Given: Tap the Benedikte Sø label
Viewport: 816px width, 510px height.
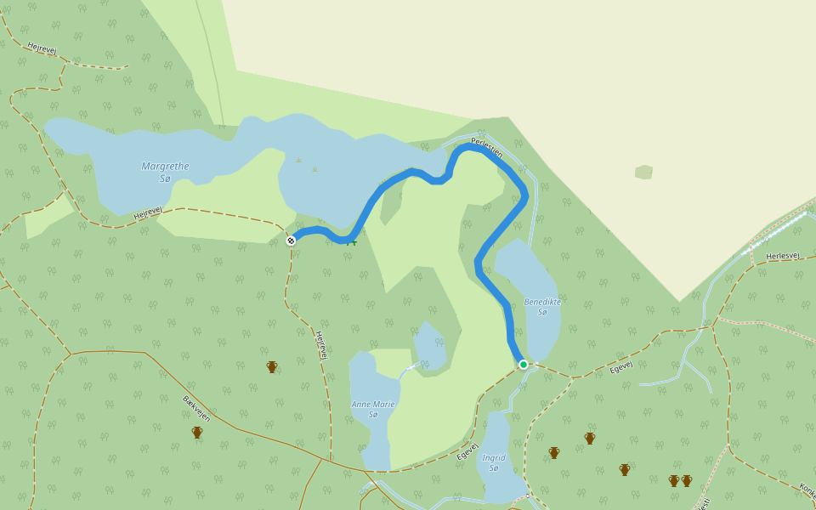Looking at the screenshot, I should click(x=542, y=307).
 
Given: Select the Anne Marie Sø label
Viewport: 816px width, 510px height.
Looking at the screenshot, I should click(x=373, y=409).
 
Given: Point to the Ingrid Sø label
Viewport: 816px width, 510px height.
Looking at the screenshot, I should click(x=494, y=462).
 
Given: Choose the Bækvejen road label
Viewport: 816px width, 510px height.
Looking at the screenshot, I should click(x=195, y=407).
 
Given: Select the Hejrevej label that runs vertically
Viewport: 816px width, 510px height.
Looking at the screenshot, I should click(x=322, y=345).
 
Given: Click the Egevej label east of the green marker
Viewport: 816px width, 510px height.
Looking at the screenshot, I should click(x=621, y=367).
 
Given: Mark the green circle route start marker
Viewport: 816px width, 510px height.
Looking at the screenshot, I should click(x=524, y=365).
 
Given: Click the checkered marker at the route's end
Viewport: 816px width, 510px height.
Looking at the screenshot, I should click(x=291, y=241).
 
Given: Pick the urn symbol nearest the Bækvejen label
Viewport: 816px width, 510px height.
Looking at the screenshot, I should click(x=197, y=433).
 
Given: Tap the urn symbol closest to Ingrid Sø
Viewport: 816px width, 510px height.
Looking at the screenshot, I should click(x=554, y=453).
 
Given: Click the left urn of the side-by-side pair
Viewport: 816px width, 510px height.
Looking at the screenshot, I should click(x=674, y=481).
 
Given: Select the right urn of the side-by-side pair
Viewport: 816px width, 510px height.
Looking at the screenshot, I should click(x=687, y=481).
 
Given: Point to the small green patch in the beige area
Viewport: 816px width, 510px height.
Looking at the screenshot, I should click(x=643, y=173).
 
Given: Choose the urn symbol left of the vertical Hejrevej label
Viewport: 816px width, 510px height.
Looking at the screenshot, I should click(x=272, y=367).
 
